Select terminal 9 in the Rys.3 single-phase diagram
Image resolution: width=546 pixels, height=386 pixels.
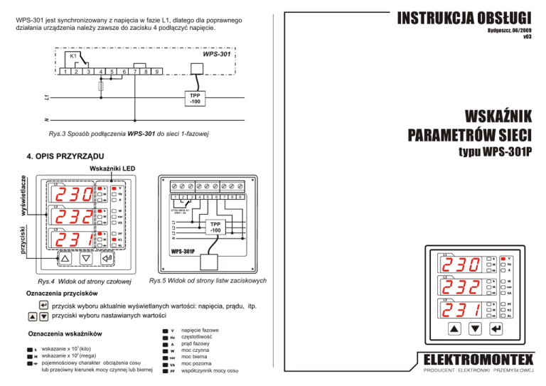(x=156, y=70)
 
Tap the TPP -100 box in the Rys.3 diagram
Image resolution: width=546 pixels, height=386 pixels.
(x=194, y=99)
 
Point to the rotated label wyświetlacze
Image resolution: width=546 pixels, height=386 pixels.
(x=23, y=198)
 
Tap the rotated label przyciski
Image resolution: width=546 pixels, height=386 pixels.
(x=23, y=240)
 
